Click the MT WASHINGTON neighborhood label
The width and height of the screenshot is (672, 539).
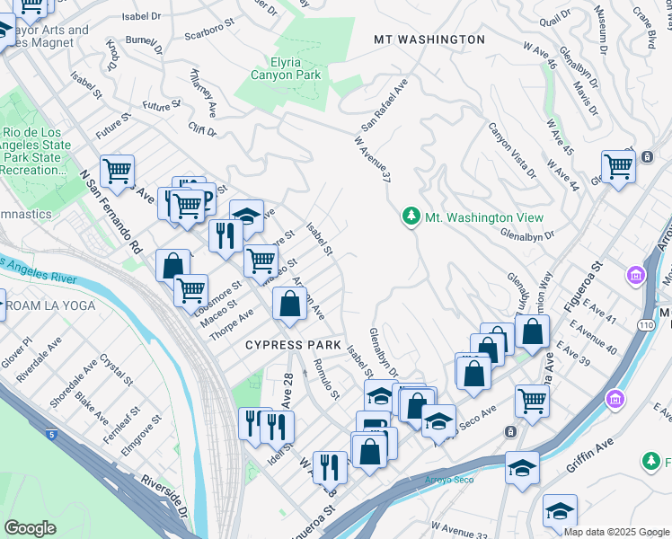click(429, 40)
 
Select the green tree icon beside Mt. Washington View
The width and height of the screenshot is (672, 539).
click(411, 217)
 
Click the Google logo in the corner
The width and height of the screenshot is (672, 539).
click(30, 528)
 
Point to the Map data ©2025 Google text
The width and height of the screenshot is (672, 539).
click(616, 532)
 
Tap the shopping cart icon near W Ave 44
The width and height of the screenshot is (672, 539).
click(618, 166)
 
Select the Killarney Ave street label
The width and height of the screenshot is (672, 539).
click(204, 93)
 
